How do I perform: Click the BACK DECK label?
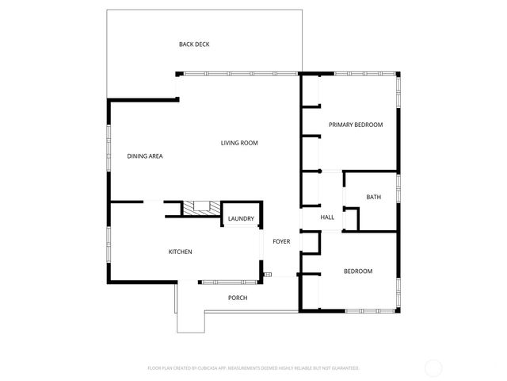pyautogui.click(x=194, y=44)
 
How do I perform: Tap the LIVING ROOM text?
pyautogui.click(x=239, y=143)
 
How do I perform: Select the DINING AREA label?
pyautogui.click(x=145, y=156)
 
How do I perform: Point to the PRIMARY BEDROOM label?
pyautogui.click(x=356, y=125)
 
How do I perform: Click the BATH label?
pyautogui.click(x=374, y=197)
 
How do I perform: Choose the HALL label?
pyautogui.click(x=326, y=217)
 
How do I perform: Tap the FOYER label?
pyautogui.click(x=281, y=241)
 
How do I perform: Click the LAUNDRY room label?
pyautogui.click(x=241, y=219)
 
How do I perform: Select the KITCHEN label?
pyautogui.click(x=180, y=252)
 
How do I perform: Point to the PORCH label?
pyautogui.click(x=238, y=298)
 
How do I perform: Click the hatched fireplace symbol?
pyautogui.click(x=196, y=207)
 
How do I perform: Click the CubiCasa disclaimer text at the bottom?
pyautogui.click(x=253, y=368)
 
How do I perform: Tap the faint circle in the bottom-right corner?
pyautogui.click(x=433, y=368)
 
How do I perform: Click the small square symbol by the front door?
pyautogui.click(x=268, y=275)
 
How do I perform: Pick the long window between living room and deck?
pyautogui.click(x=238, y=74)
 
